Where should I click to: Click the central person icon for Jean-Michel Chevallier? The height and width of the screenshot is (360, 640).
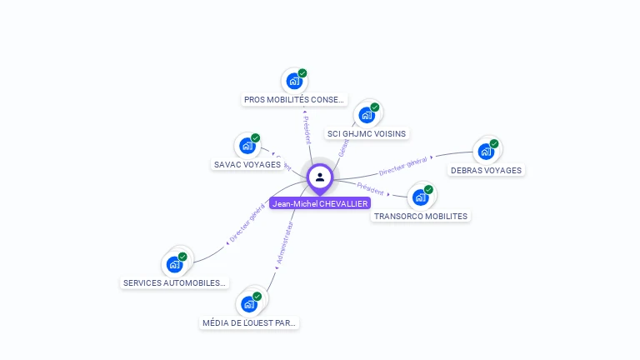(x=320, y=177)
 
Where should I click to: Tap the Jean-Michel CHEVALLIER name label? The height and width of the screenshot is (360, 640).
(x=320, y=203)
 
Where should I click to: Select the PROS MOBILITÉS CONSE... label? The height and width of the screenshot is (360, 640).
(x=293, y=99)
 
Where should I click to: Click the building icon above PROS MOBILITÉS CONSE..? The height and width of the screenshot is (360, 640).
(x=293, y=81)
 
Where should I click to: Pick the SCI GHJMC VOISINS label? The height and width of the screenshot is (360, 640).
(x=367, y=133)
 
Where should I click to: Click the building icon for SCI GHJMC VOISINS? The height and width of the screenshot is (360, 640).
(x=366, y=115)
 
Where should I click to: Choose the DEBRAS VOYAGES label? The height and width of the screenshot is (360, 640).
(x=486, y=170)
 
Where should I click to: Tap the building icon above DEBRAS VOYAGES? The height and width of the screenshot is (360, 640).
(x=485, y=152)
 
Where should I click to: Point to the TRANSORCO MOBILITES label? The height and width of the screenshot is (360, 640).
(x=421, y=216)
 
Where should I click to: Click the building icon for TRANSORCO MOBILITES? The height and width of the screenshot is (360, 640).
(x=420, y=197)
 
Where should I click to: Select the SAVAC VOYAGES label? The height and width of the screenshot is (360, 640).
(x=247, y=164)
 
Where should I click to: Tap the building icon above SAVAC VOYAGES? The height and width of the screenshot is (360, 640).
(x=247, y=146)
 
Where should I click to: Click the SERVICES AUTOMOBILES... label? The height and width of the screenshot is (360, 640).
(x=174, y=282)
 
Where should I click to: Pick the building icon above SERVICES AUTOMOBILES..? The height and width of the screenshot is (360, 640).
(x=174, y=264)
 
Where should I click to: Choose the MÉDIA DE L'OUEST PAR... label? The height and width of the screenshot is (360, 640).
(x=249, y=322)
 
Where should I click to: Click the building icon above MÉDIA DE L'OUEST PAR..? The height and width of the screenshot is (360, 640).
(x=248, y=304)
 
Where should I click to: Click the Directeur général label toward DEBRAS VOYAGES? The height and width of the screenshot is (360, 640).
(x=403, y=166)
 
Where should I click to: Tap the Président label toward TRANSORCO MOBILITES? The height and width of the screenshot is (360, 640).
(x=371, y=188)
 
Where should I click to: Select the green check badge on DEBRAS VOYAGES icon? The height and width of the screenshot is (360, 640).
(x=494, y=144)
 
